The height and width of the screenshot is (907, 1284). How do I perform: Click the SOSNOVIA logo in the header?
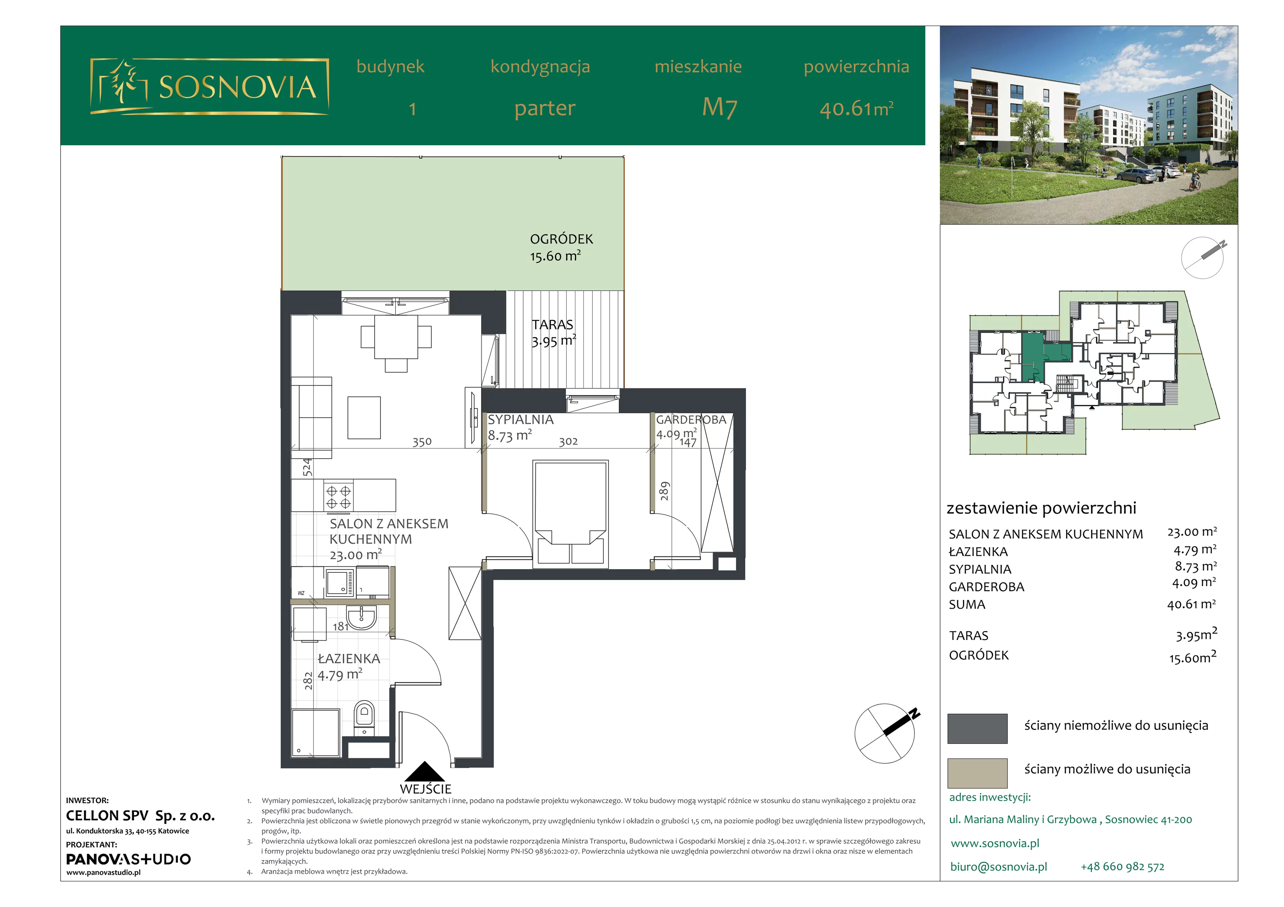209,87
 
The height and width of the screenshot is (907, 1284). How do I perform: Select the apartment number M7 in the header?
720,108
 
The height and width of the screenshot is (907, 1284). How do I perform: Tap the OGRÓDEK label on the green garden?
561,239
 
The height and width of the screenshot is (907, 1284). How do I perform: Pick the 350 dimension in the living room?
422,442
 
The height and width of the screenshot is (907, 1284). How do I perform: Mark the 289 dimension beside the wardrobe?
664,491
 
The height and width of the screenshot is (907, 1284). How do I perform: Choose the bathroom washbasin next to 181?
361,618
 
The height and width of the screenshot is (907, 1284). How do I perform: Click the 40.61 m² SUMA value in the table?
1191,604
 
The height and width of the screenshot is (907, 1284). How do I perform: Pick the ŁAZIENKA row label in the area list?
978,552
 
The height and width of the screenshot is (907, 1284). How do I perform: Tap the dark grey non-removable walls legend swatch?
977,728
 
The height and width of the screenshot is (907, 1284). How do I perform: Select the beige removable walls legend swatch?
977,773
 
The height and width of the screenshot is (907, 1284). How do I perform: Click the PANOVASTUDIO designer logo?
128,859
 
